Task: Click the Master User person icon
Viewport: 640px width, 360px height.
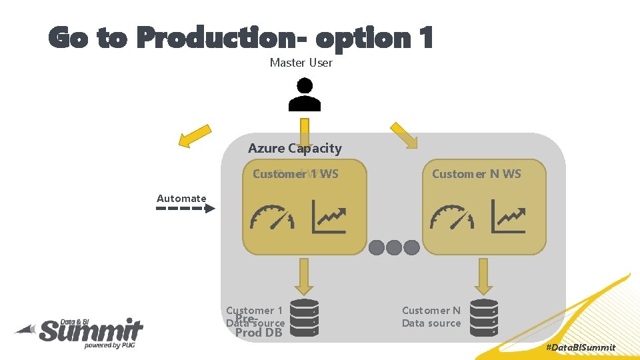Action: (x=305, y=95)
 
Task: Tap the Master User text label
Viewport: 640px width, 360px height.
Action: (x=301, y=63)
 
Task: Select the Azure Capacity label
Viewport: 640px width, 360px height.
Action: (x=295, y=148)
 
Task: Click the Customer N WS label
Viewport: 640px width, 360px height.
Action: (x=476, y=174)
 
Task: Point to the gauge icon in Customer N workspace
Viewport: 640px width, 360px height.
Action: (x=452, y=217)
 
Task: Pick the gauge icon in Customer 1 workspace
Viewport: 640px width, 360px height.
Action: (x=271, y=217)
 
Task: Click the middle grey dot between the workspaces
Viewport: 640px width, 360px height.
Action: (x=394, y=247)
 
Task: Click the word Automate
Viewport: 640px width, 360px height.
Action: (x=181, y=198)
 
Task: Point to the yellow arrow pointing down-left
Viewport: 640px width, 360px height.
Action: (x=193, y=137)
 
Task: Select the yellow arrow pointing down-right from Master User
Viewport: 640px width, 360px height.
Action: (x=405, y=135)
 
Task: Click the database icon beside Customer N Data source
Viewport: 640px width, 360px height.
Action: (x=484, y=317)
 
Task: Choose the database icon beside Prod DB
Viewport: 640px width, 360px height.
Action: (x=305, y=317)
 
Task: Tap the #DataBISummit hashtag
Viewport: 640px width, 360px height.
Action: (x=580, y=347)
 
